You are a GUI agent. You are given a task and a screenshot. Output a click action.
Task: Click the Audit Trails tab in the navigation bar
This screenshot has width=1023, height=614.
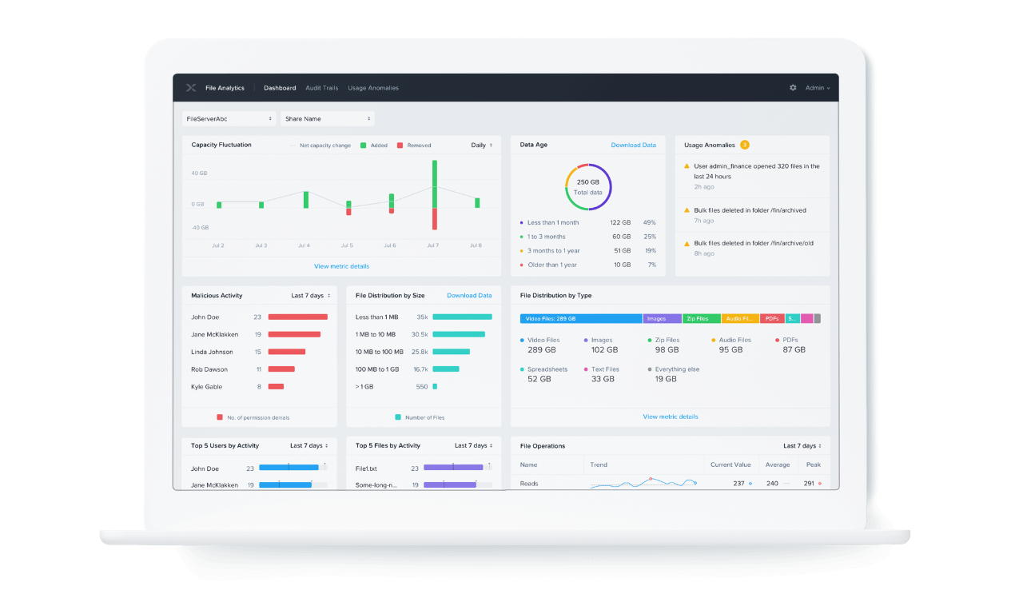tap(321, 88)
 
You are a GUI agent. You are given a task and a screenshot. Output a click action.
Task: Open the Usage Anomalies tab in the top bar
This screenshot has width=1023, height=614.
tap(372, 88)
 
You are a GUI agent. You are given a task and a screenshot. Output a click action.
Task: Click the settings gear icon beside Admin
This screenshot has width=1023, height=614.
tap(793, 88)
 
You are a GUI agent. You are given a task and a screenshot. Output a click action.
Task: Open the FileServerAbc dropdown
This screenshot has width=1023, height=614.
tap(229, 118)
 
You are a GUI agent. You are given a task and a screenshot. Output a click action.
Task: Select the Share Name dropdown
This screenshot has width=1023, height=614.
tap(327, 118)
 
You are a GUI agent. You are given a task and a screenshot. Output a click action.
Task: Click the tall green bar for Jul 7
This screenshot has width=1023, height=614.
tap(435, 184)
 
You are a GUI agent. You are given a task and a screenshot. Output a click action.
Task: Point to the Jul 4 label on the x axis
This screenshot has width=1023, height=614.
tap(304, 245)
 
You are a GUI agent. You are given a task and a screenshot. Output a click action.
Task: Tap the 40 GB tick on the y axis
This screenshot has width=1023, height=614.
tap(199, 173)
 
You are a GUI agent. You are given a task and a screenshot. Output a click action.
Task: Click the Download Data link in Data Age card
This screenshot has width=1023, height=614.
tap(633, 145)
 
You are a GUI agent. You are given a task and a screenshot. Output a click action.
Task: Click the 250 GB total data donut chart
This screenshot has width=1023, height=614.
tap(588, 187)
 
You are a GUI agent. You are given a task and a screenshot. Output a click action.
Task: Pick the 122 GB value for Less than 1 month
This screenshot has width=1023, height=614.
tap(620, 222)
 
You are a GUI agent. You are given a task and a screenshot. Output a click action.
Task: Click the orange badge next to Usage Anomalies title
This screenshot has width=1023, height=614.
tap(744, 145)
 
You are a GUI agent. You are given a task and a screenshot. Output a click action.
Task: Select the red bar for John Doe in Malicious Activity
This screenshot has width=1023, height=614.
tap(297, 317)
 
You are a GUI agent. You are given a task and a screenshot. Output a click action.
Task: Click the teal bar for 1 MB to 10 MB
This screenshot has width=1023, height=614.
tap(459, 334)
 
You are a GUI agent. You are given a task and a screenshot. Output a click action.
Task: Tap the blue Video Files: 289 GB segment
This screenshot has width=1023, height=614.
tap(580, 318)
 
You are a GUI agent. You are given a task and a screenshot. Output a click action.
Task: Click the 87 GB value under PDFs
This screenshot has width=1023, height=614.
tap(794, 349)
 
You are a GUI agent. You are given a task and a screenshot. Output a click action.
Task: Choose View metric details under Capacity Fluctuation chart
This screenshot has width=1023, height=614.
tap(341, 266)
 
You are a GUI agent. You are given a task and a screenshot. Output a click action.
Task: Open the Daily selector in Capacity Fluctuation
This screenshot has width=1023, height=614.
tap(481, 145)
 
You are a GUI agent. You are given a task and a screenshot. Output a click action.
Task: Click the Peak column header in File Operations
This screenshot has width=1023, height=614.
tap(813, 464)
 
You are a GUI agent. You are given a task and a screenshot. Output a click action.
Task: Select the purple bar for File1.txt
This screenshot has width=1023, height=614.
tap(453, 468)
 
